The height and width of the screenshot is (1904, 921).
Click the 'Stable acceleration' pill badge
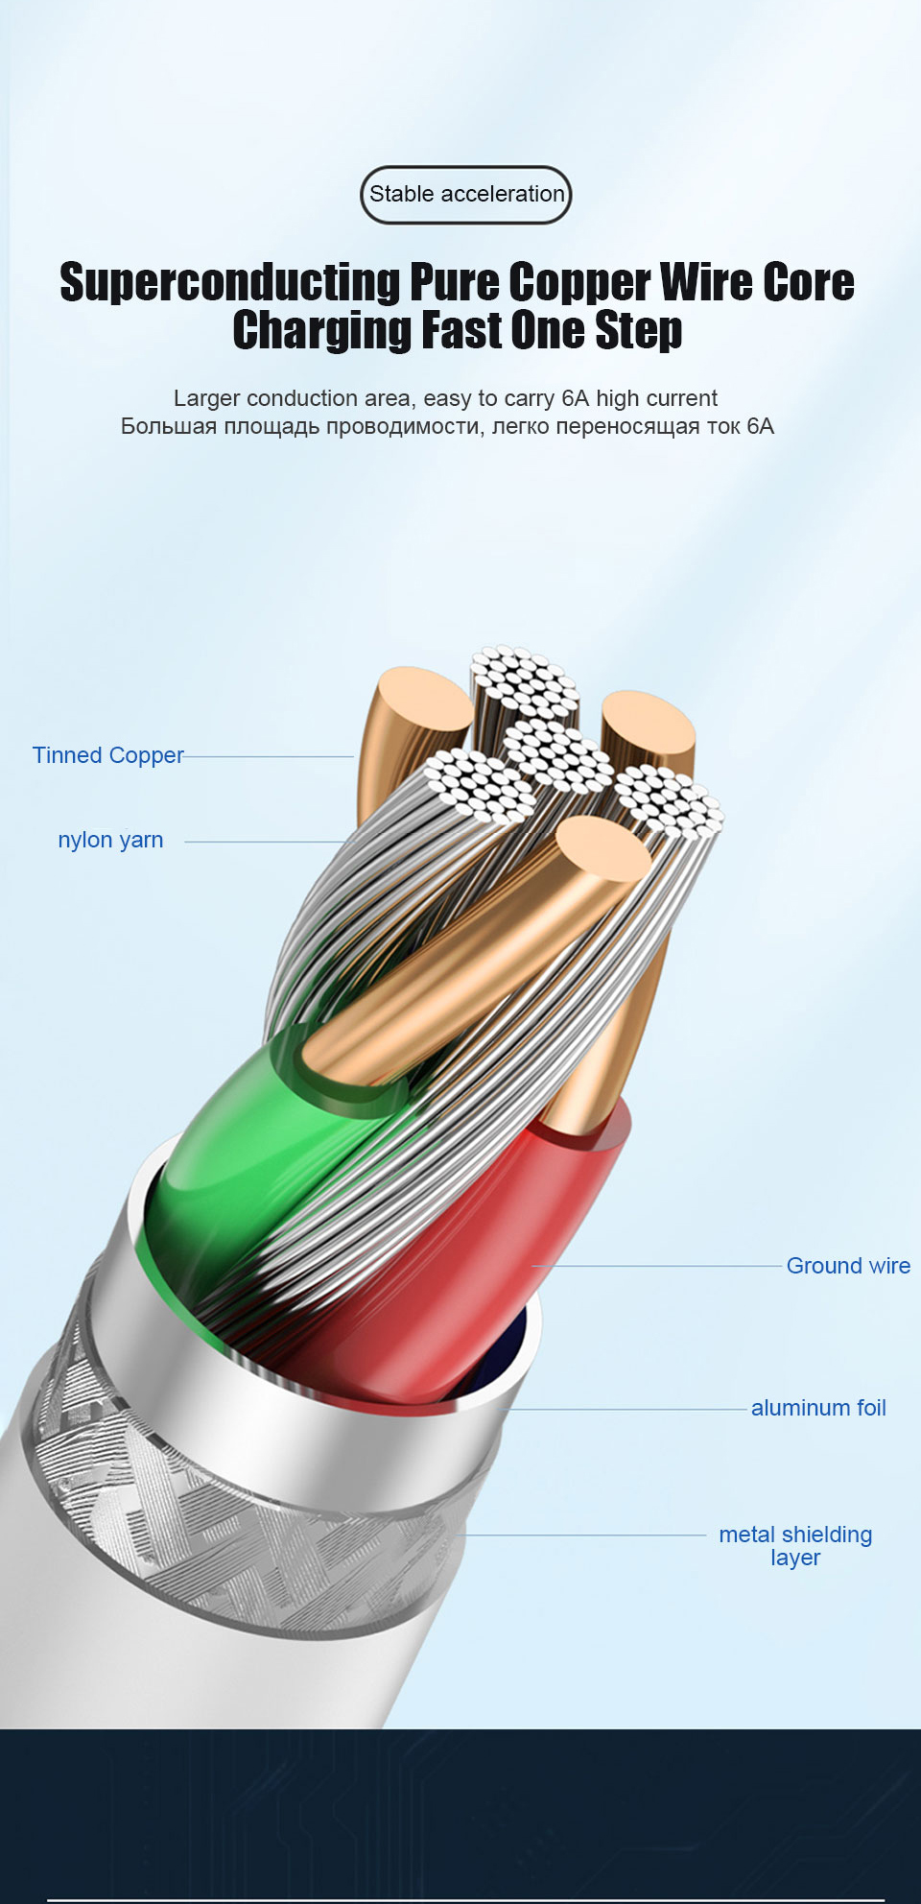point(466,195)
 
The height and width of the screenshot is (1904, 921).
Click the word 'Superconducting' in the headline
point(230,283)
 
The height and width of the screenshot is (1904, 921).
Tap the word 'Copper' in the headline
point(579,283)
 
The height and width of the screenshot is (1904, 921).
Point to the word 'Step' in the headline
point(638,332)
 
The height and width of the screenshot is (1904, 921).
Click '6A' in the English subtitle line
point(575,398)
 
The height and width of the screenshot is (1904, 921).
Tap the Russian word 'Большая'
point(169,426)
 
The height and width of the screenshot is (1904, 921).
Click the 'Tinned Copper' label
point(107,755)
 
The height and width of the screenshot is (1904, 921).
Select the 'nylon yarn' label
point(110,840)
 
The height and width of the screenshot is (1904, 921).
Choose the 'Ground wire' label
point(848,1266)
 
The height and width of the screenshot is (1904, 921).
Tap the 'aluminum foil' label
point(818,1408)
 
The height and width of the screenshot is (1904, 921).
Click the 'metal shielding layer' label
point(795,1545)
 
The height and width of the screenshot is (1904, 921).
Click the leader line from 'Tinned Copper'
point(269,756)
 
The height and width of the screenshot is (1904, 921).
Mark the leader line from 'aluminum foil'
point(624,1409)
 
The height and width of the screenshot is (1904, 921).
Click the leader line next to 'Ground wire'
point(662,1266)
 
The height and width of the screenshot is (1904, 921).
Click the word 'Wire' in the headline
point(704,283)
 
